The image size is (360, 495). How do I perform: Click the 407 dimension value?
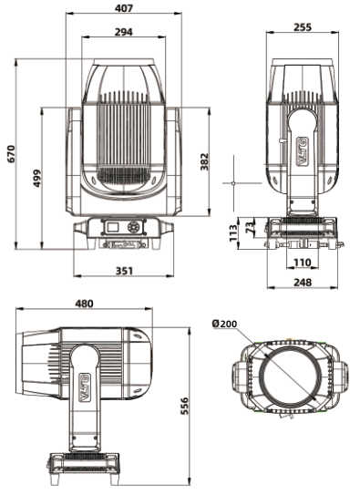coord(124,8)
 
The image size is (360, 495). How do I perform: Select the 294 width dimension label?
coord(124,32)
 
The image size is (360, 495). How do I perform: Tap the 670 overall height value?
coord(11,154)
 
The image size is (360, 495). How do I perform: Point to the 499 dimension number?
coord(37,178)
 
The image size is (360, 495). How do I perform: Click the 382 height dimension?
coord(204,161)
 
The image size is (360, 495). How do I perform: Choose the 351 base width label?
coord(124,271)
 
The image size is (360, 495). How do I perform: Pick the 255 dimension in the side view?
coord(303,27)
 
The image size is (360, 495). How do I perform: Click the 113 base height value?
coord(233,233)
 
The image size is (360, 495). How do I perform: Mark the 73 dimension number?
coord(249,227)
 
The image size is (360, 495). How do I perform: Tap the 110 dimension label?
coord(303,263)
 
